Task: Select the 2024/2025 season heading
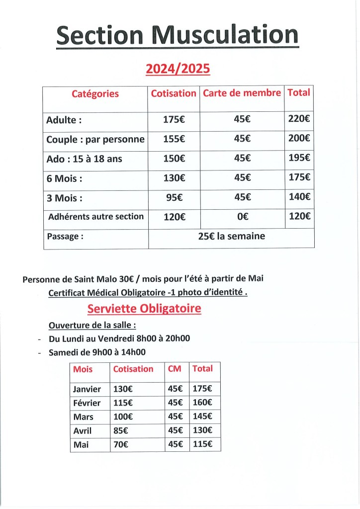pos(178,69)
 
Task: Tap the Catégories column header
pos(95,93)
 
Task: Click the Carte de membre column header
pos(242,93)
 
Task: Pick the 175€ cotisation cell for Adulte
pos(174,119)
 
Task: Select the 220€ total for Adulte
pos(299,119)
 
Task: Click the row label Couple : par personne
pos(95,139)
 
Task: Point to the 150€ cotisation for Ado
pos(174,159)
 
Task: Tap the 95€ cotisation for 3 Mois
pos(174,197)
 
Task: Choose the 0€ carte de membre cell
pos(242,217)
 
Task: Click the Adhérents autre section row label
pos(96,217)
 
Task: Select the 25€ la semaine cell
pos(231,237)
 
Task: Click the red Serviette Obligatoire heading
pos(144,309)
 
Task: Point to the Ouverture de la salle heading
pos(92,326)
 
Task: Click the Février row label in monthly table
pos(87,403)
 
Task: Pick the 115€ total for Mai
pos(202,444)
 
